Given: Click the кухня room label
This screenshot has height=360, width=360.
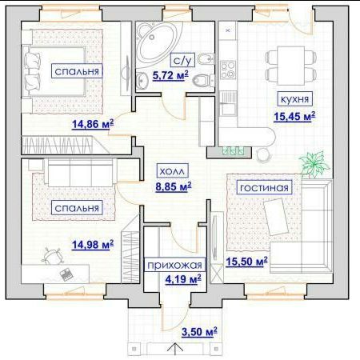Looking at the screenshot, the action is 294,99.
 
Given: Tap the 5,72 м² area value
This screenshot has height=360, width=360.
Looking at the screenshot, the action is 170,75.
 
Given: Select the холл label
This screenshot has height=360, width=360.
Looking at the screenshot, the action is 172,171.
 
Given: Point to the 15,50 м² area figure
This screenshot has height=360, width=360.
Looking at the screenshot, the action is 246,262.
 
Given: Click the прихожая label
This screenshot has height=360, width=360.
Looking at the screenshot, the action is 174,265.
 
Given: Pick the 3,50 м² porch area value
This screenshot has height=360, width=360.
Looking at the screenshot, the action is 199,332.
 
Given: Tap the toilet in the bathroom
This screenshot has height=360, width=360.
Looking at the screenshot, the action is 203,80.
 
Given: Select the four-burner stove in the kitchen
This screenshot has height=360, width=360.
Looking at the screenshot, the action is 228,70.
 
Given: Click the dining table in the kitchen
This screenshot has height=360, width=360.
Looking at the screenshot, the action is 291,62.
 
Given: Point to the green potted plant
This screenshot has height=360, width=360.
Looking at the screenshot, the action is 314,163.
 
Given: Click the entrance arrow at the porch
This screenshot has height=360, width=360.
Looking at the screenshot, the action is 176,349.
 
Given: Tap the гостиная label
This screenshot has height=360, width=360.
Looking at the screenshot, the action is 264,187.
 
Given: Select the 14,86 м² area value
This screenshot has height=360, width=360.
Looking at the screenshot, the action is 93,124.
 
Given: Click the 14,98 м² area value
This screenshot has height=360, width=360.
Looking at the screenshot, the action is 93,244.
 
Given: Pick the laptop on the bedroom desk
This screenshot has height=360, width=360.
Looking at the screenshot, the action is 66,274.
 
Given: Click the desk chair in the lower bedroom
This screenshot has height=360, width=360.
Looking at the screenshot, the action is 52,256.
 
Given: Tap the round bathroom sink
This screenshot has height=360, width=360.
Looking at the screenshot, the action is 142,80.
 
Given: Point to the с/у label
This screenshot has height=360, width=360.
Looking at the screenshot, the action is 182,60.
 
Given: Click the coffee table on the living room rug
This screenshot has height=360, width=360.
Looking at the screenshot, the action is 276,217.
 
